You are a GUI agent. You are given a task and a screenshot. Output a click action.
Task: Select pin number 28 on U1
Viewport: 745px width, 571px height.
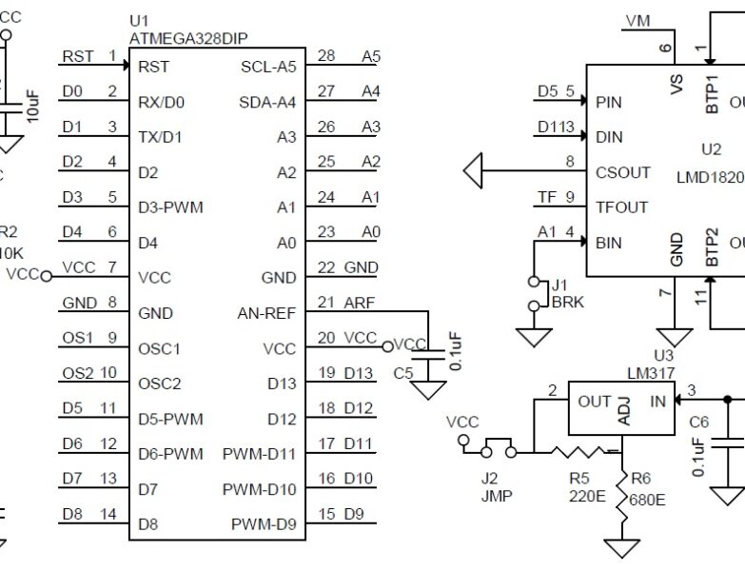point(326,56)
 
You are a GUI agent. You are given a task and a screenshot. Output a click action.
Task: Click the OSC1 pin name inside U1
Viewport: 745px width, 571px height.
point(159,348)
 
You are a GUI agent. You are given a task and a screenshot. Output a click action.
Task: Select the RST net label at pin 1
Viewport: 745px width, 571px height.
point(78,56)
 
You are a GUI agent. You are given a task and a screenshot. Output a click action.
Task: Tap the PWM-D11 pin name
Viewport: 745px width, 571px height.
point(259,454)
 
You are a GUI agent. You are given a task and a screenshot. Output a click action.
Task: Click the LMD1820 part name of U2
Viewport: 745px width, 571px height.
point(709,177)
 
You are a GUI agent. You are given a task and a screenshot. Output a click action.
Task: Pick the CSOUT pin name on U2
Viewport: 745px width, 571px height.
point(622,172)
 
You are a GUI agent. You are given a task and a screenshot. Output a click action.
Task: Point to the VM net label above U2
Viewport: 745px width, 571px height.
point(638,20)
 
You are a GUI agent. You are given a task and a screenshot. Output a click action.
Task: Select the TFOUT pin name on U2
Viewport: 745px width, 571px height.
point(621,207)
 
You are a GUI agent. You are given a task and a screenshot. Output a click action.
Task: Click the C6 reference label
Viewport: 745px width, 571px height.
point(698,421)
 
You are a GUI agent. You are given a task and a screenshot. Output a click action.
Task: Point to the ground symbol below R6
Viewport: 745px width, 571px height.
point(622,549)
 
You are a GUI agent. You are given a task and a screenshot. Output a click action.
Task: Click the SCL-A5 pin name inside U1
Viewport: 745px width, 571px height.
point(268,67)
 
